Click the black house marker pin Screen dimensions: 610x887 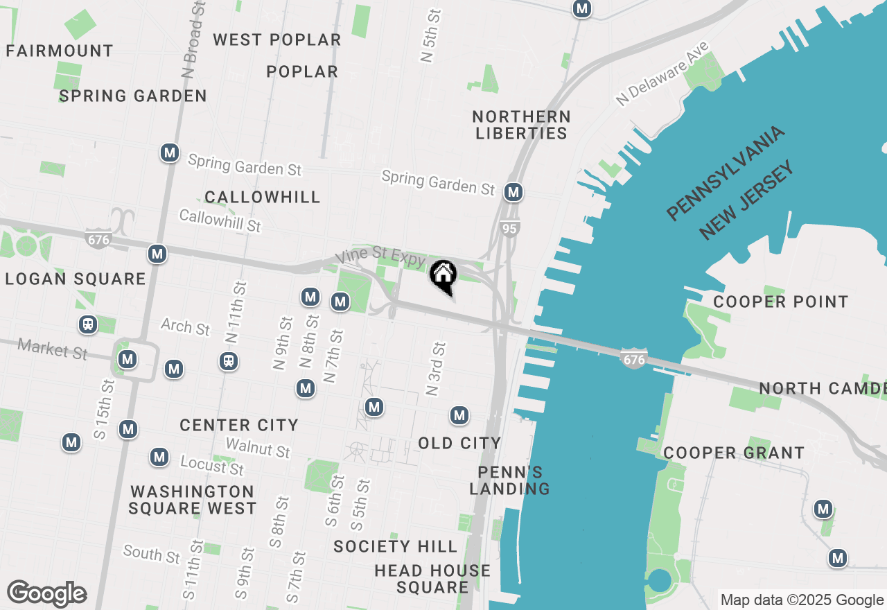click(443, 277)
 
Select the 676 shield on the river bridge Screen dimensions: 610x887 click(633, 359)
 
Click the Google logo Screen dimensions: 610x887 click(46, 593)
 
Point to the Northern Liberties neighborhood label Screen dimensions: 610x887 click(521, 125)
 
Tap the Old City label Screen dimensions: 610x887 click(459, 443)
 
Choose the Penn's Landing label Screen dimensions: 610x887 click(509, 480)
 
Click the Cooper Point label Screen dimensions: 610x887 click(780, 302)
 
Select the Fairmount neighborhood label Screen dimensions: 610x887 click(60, 51)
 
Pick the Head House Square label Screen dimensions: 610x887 click(432, 579)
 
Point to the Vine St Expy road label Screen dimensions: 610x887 click(380, 256)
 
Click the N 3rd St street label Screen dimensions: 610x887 click(436, 369)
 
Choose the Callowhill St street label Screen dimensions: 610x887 click(220, 220)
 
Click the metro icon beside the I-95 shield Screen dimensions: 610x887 click(513, 192)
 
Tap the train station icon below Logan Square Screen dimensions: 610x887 click(88, 324)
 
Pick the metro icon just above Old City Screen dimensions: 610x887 click(459, 415)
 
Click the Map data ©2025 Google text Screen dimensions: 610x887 click(801, 600)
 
